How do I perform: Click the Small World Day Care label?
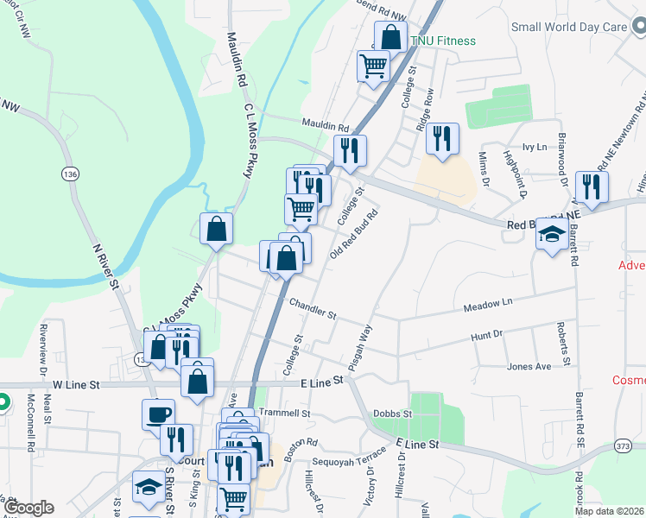click(x=568, y=27)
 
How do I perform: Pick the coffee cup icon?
click(x=158, y=414)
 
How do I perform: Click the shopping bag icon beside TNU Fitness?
click(x=390, y=37)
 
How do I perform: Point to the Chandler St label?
click(x=312, y=306)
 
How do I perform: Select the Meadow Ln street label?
click(x=488, y=304)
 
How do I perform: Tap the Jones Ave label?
click(x=529, y=367)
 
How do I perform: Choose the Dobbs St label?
click(x=393, y=414)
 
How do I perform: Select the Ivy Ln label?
click(x=535, y=148)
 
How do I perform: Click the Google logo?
click(x=28, y=508)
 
